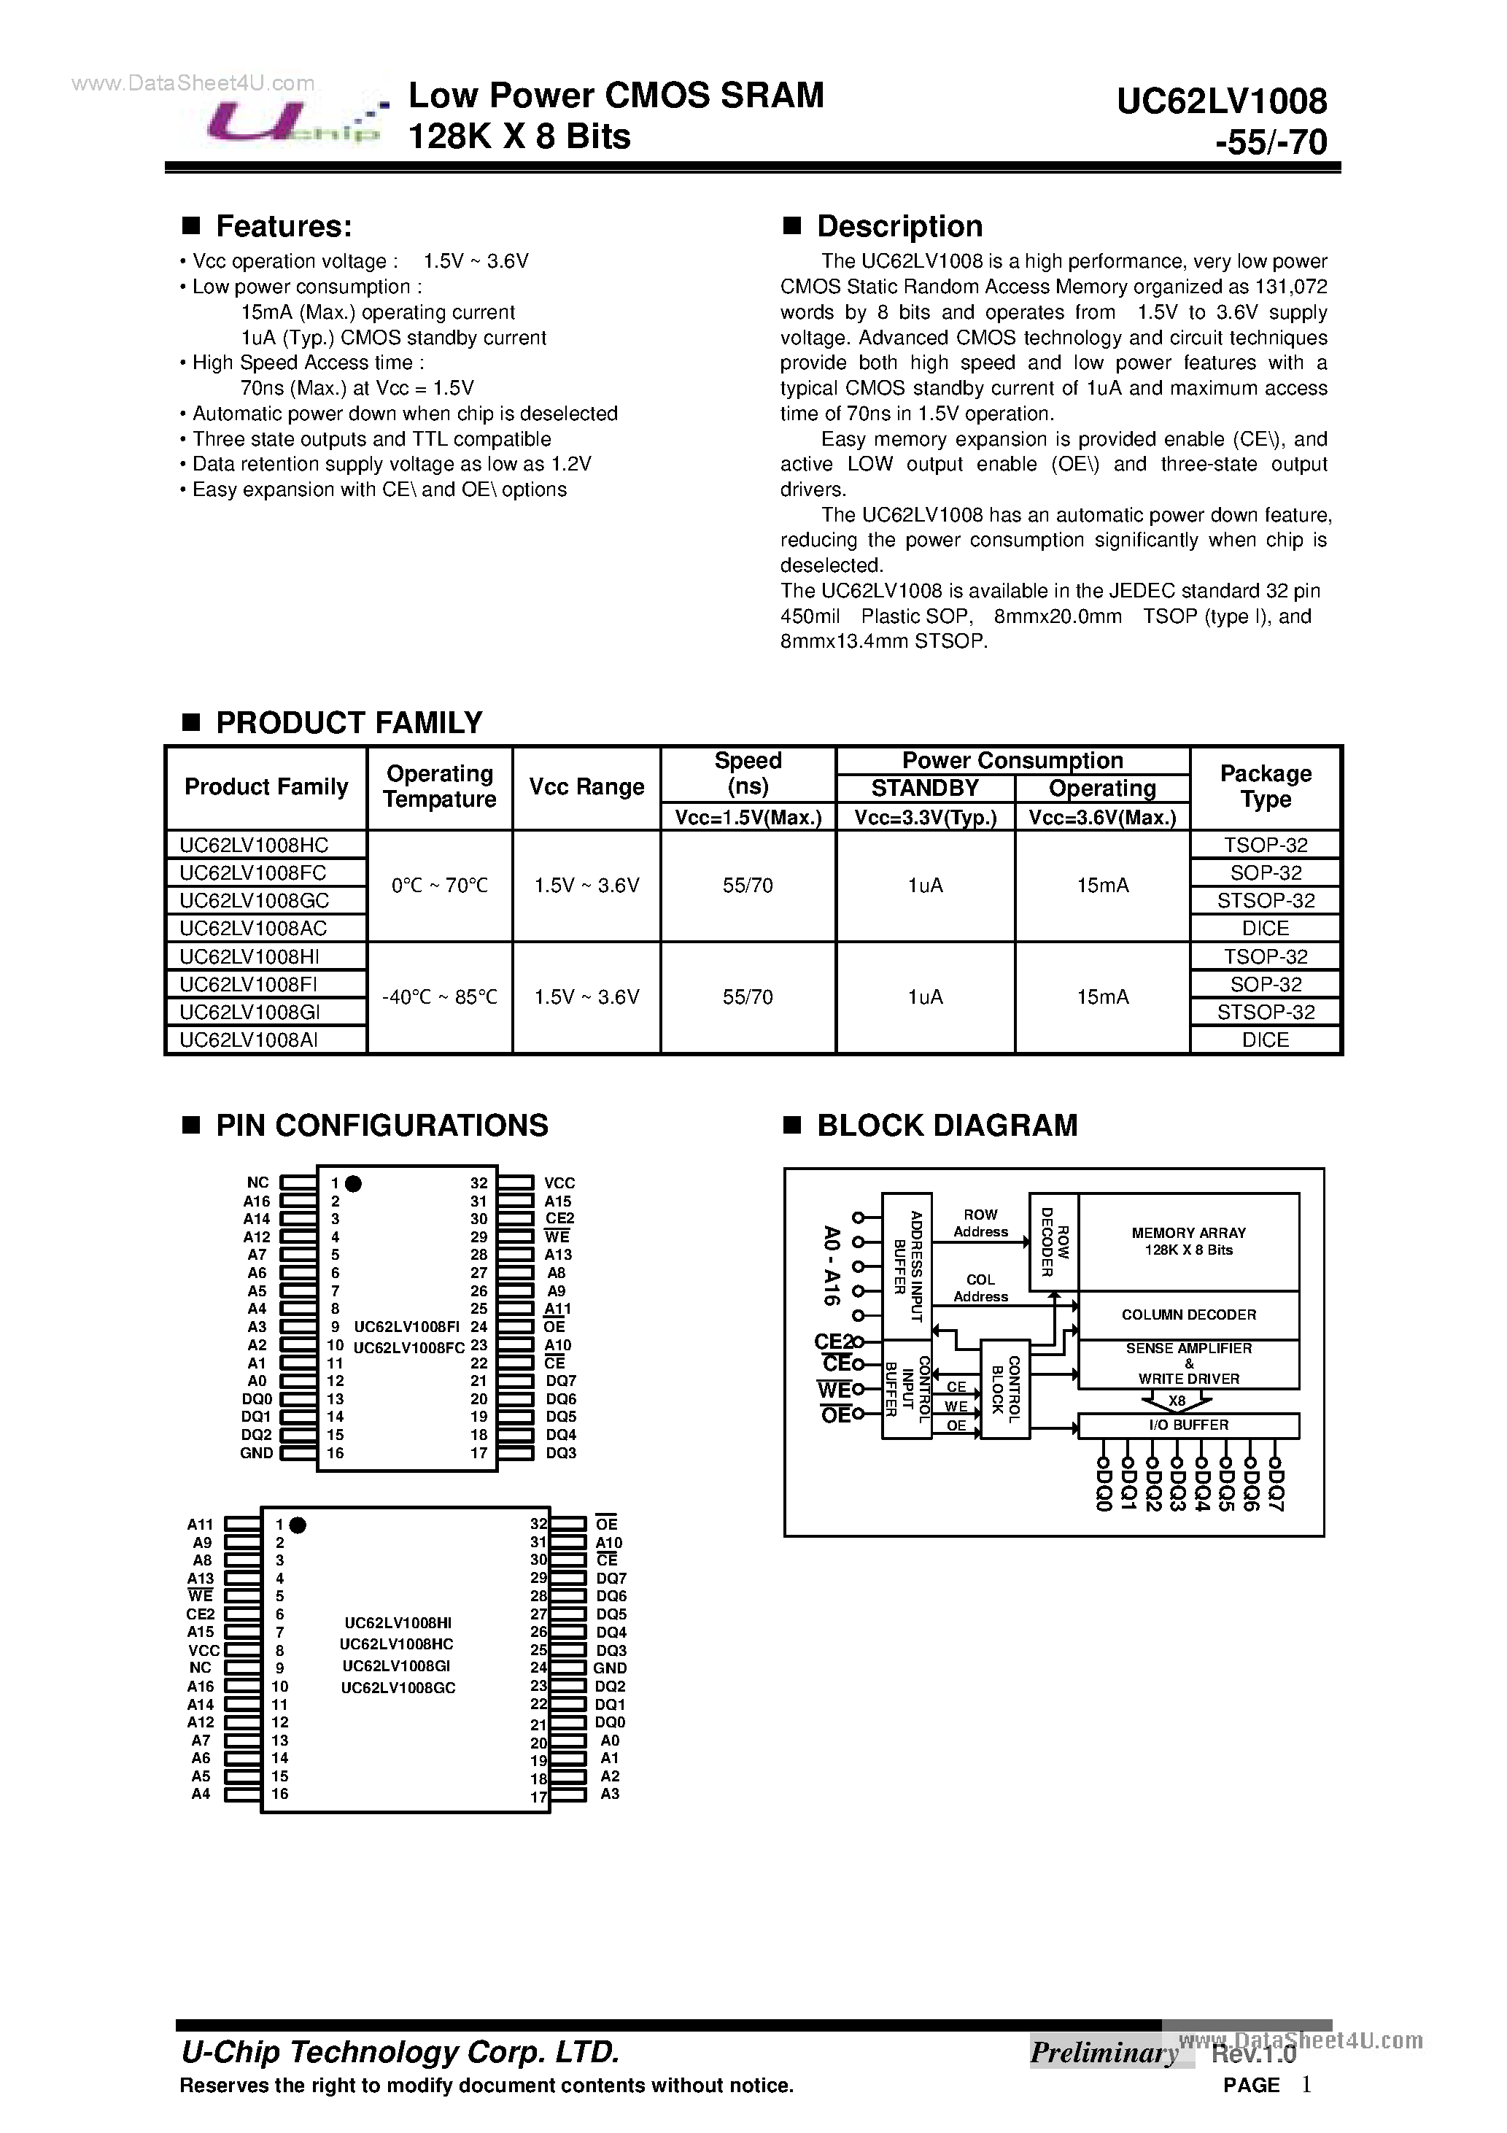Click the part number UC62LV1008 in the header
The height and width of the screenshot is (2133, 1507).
(x=1221, y=101)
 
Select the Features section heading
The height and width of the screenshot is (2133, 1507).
(x=283, y=225)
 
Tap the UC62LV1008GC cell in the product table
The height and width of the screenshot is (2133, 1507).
(x=254, y=899)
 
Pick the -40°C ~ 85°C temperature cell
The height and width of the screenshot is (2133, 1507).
(x=439, y=996)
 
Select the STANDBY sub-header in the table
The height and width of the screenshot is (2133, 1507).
(x=924, y=788)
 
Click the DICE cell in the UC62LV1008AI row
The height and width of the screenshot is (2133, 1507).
(x=1265, y=1040)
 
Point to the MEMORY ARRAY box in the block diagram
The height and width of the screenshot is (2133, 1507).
(x=1188, y=1241)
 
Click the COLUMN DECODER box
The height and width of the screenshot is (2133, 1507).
(x=1188, y=1315)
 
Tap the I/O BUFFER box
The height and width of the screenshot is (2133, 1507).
(x=1188, y=1425)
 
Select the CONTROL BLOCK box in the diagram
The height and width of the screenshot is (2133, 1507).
(x=1004, y=1389)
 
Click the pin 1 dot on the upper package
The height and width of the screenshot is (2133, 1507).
(x=353, y=1182)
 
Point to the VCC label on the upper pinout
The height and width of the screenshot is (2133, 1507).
(x=559, y=1182)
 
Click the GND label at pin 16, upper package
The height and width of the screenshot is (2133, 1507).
(x=257, y=1453)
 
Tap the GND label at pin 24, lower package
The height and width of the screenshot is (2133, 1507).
(x=611, y=1668)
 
